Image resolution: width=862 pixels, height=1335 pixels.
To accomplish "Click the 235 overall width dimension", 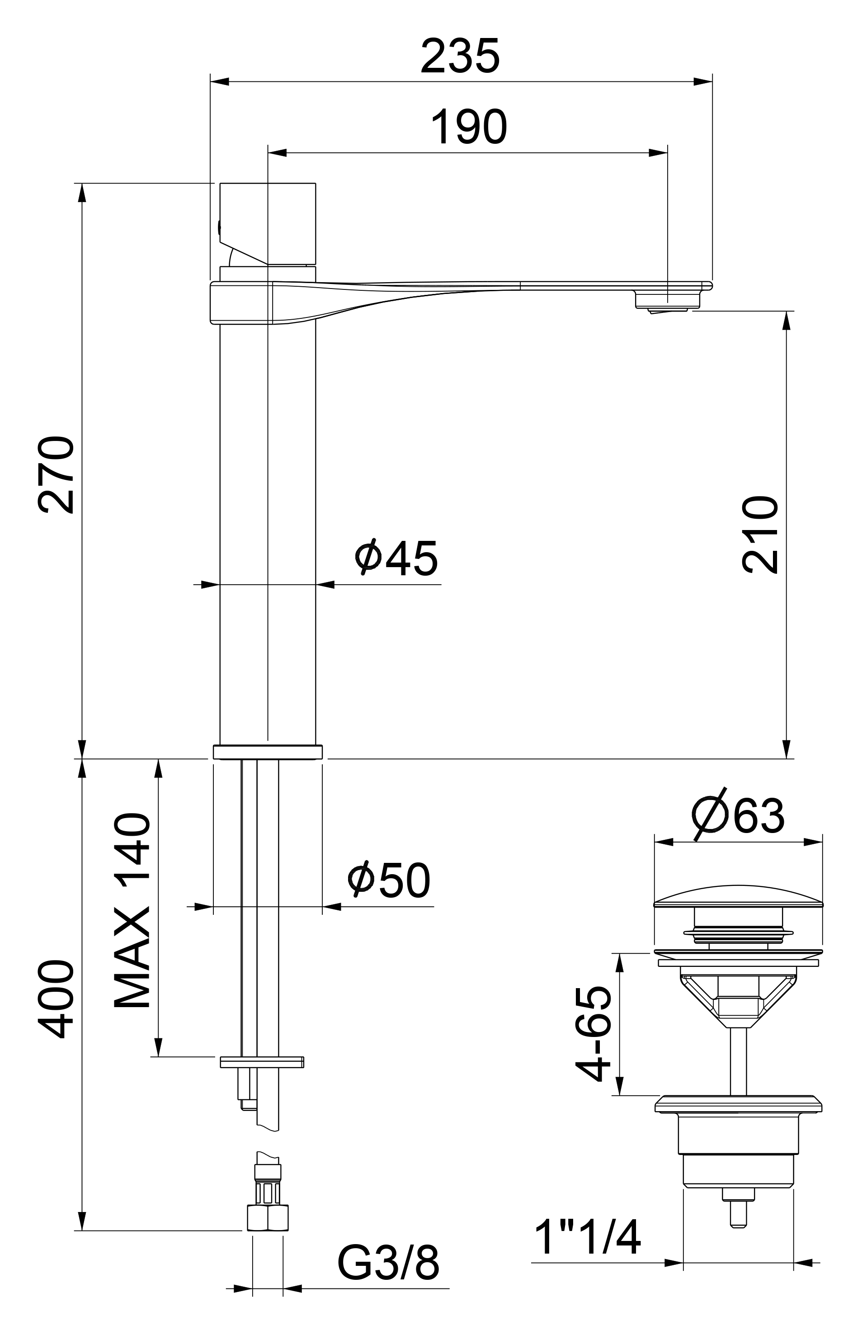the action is tap(460, 56).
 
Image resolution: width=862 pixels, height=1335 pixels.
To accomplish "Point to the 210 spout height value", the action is tap(759, 535).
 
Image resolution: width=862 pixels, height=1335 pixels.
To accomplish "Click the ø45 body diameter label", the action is tap(396, 559).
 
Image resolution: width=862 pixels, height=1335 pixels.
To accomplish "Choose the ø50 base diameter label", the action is tap(390, 881).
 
